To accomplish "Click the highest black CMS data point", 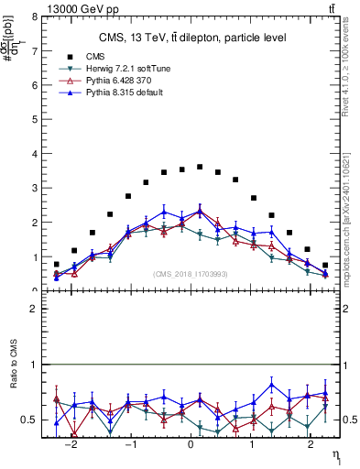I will [200, 167].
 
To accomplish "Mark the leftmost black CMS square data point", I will [57, 265].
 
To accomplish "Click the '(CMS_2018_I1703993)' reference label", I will [190, 274].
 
